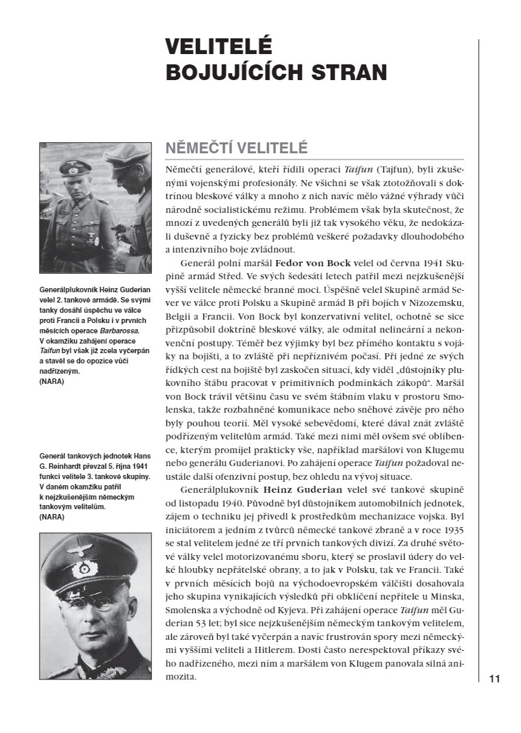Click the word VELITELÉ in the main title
point(218,47)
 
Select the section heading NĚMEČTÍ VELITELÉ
point(237,149)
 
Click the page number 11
point(495,679)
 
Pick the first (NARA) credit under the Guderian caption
point(52,381)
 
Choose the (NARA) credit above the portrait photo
point(52,517)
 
